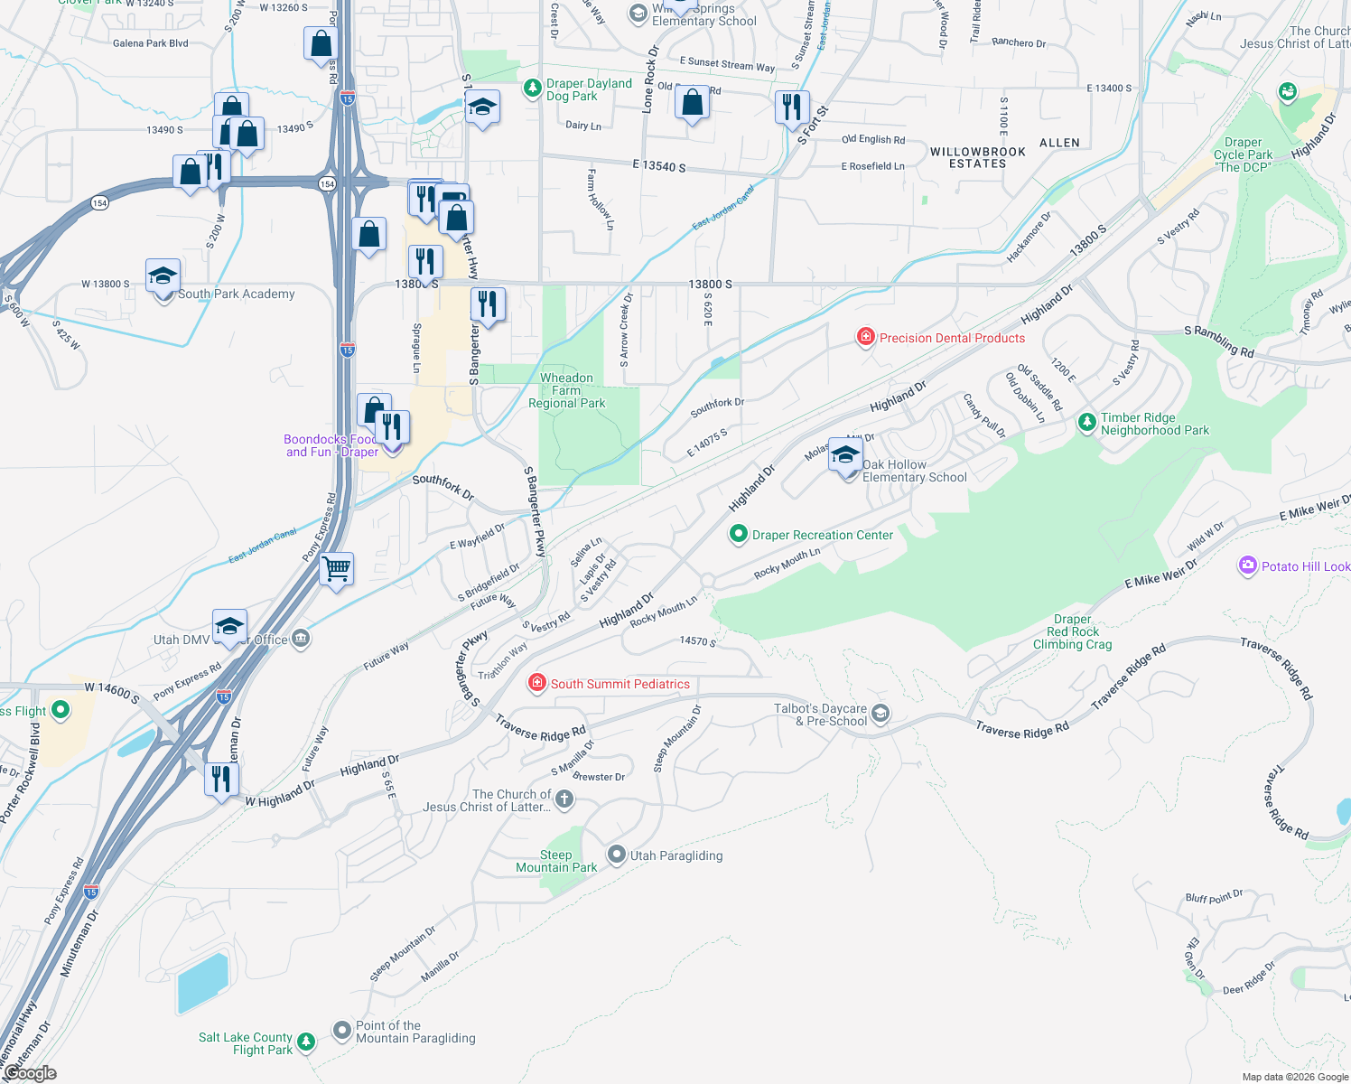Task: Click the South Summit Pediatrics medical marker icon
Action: click(536, 683)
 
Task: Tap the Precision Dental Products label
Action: click(952, 338)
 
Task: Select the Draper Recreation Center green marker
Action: click(738, 535)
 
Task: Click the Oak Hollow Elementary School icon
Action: click(845, 455)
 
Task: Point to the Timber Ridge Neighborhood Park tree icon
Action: click(1087, 423)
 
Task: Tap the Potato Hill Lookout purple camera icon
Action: click(1247, 565)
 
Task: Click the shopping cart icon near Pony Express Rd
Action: click(336, 569)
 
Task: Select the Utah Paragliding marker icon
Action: click(617, 855)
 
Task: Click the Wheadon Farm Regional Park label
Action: click(566, 390)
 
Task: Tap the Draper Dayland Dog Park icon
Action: click(533, 89)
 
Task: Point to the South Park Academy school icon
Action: click(163, 276)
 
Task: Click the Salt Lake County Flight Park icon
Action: click(306, 1042)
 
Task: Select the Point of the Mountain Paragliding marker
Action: click(342, 1030)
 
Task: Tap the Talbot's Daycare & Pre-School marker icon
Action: click(880, 714)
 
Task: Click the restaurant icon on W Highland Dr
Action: click(221, 778)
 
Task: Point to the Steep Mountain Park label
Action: click(556, 861)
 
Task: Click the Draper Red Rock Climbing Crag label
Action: click(1072, 632)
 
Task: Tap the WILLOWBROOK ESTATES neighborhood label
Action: click(978, 157)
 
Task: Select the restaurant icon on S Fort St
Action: click(791, 107)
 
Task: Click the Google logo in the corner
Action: click(30, 1072)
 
